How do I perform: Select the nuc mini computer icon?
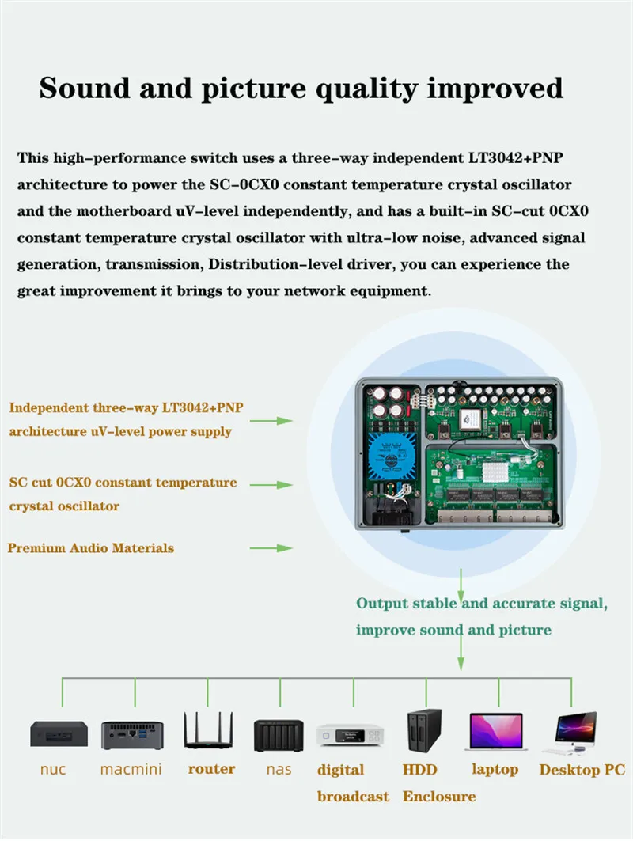[x=59, y=734]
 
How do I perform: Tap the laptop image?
[x=496, y=732]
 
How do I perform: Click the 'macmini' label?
[x=132, y=769]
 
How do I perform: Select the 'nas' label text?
[x=279, y=769]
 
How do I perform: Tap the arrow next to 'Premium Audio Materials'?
[x=271, y=548]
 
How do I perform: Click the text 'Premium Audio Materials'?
[x=91, y=548]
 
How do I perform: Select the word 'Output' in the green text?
[x=381, y=604]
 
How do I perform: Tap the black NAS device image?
[x=279, y=735]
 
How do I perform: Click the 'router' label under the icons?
[x=211, y=769]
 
